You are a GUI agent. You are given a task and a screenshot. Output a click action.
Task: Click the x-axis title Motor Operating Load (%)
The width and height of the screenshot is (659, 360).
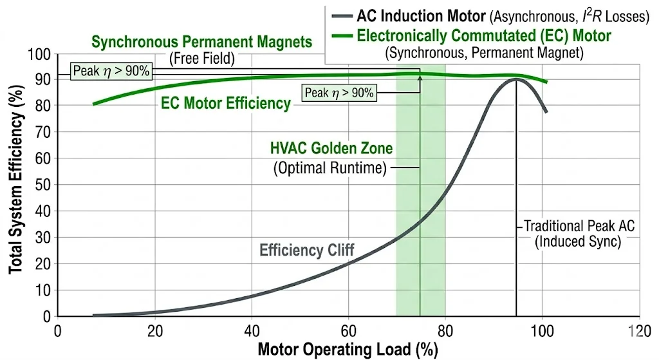(348, 350)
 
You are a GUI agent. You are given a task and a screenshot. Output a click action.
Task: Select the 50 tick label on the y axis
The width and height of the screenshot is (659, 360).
(46, 185)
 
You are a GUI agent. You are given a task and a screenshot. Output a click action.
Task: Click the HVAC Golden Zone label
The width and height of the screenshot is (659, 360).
(331, 149)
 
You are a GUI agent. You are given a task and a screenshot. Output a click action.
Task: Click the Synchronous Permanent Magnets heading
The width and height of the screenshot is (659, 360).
(202, 43)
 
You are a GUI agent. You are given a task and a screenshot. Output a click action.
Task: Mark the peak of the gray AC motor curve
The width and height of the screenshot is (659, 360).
(516, 79)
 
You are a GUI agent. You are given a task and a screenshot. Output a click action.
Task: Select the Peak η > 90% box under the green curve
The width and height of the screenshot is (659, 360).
(339, 93)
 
